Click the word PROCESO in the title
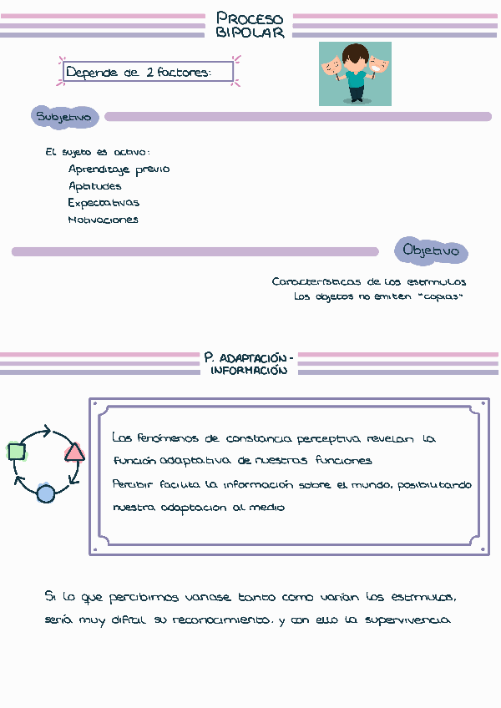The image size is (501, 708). [x=250, y=18]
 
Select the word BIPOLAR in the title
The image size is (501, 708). [x=250, y=33]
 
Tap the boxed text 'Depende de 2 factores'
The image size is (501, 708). [x=138, y=73]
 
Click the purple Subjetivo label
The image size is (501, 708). [x=64, y=117]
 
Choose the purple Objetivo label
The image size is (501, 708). [x=431, y=250]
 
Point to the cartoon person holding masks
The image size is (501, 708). [x=355, y=73]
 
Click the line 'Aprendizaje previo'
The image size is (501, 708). [x=119, y=169]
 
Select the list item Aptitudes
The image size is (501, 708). [x=94, y=186]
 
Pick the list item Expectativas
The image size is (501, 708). [x=104, y=203]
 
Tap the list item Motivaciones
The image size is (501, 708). [x=103, y=220]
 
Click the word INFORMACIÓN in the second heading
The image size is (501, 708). [x=249, y=370]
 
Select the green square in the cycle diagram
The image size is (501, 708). [x=16, y=452]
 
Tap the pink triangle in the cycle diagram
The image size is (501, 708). [x=74, y=453]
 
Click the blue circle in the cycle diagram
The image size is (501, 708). [x=45, y=493]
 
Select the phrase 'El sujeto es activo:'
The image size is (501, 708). [x=98, y=152]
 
